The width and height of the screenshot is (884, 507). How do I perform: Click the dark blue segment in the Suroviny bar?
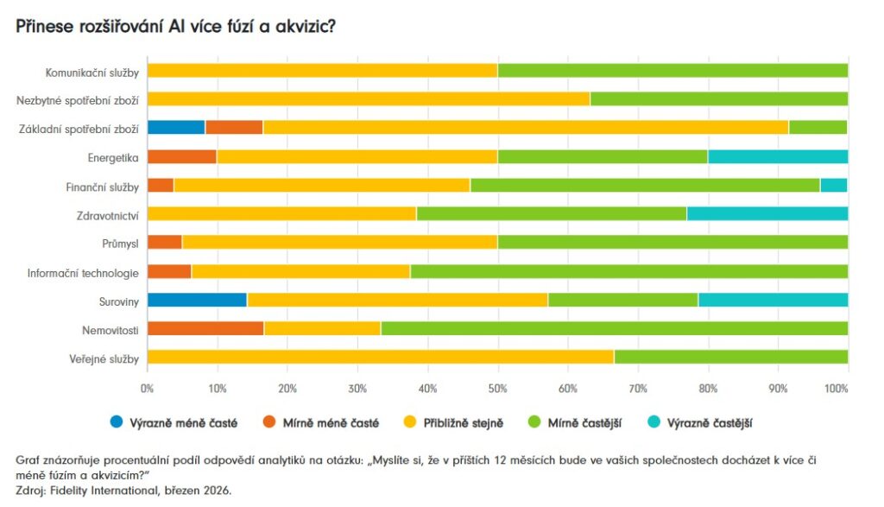coord(197,300)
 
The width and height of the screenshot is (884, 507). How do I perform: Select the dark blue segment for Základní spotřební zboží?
coord(176,127)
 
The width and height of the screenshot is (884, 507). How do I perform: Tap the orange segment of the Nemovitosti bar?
coord(205,328)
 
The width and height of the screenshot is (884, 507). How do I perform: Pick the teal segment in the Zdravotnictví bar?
coord(767,213)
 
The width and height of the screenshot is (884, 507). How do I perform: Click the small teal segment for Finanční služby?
coord(833,185)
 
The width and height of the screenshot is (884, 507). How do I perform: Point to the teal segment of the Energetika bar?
coord(777,156)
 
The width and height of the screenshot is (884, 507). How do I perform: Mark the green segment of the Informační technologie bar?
coord(628,271)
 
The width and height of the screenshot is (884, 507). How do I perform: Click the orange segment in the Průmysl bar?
coord(165,242)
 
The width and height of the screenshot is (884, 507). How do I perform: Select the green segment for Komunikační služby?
coord(672,70)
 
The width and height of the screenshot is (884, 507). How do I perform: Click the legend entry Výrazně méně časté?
coord(173,422)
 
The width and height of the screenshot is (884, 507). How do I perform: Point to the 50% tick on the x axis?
coord(497,389)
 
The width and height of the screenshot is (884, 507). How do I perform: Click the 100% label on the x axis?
coord(837,389)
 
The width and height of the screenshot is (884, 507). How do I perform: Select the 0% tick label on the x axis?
coord(148,389)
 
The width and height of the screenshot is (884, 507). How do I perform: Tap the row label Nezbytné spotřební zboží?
coord(78,99)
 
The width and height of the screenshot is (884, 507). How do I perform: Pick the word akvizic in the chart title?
coord(306,26)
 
